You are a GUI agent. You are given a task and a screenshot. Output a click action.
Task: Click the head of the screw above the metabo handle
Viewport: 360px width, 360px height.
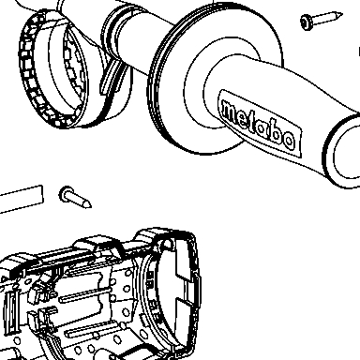(307, 22)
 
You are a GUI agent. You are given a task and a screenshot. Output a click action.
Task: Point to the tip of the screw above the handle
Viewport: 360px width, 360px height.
(341, 14)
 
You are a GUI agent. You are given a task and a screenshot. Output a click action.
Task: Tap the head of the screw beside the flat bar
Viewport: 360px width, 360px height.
(66, 194)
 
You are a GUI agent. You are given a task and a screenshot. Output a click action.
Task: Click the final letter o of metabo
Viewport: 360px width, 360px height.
(288, 141)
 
